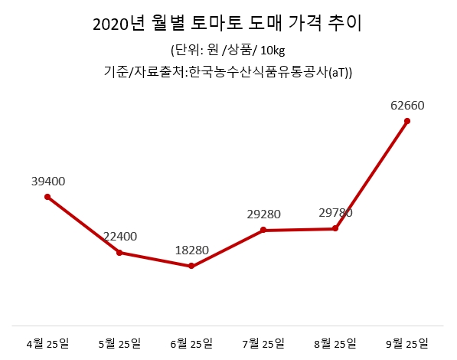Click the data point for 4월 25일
pos(47,197)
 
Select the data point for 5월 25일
pos(119,253)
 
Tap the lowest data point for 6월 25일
pos(191,267)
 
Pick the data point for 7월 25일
pos(263,230)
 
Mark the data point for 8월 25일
pos(335,228)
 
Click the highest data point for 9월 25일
pos(407,120)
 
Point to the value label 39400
pos(48,182)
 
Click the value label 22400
pos(120,237)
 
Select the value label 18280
pos(191,250)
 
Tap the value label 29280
pos(263,214)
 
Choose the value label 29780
pos(335,213)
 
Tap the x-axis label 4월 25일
pos(48,342)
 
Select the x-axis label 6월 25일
pos(191,342)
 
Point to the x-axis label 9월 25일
pos(407,342)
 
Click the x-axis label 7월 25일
pos(263,342)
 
